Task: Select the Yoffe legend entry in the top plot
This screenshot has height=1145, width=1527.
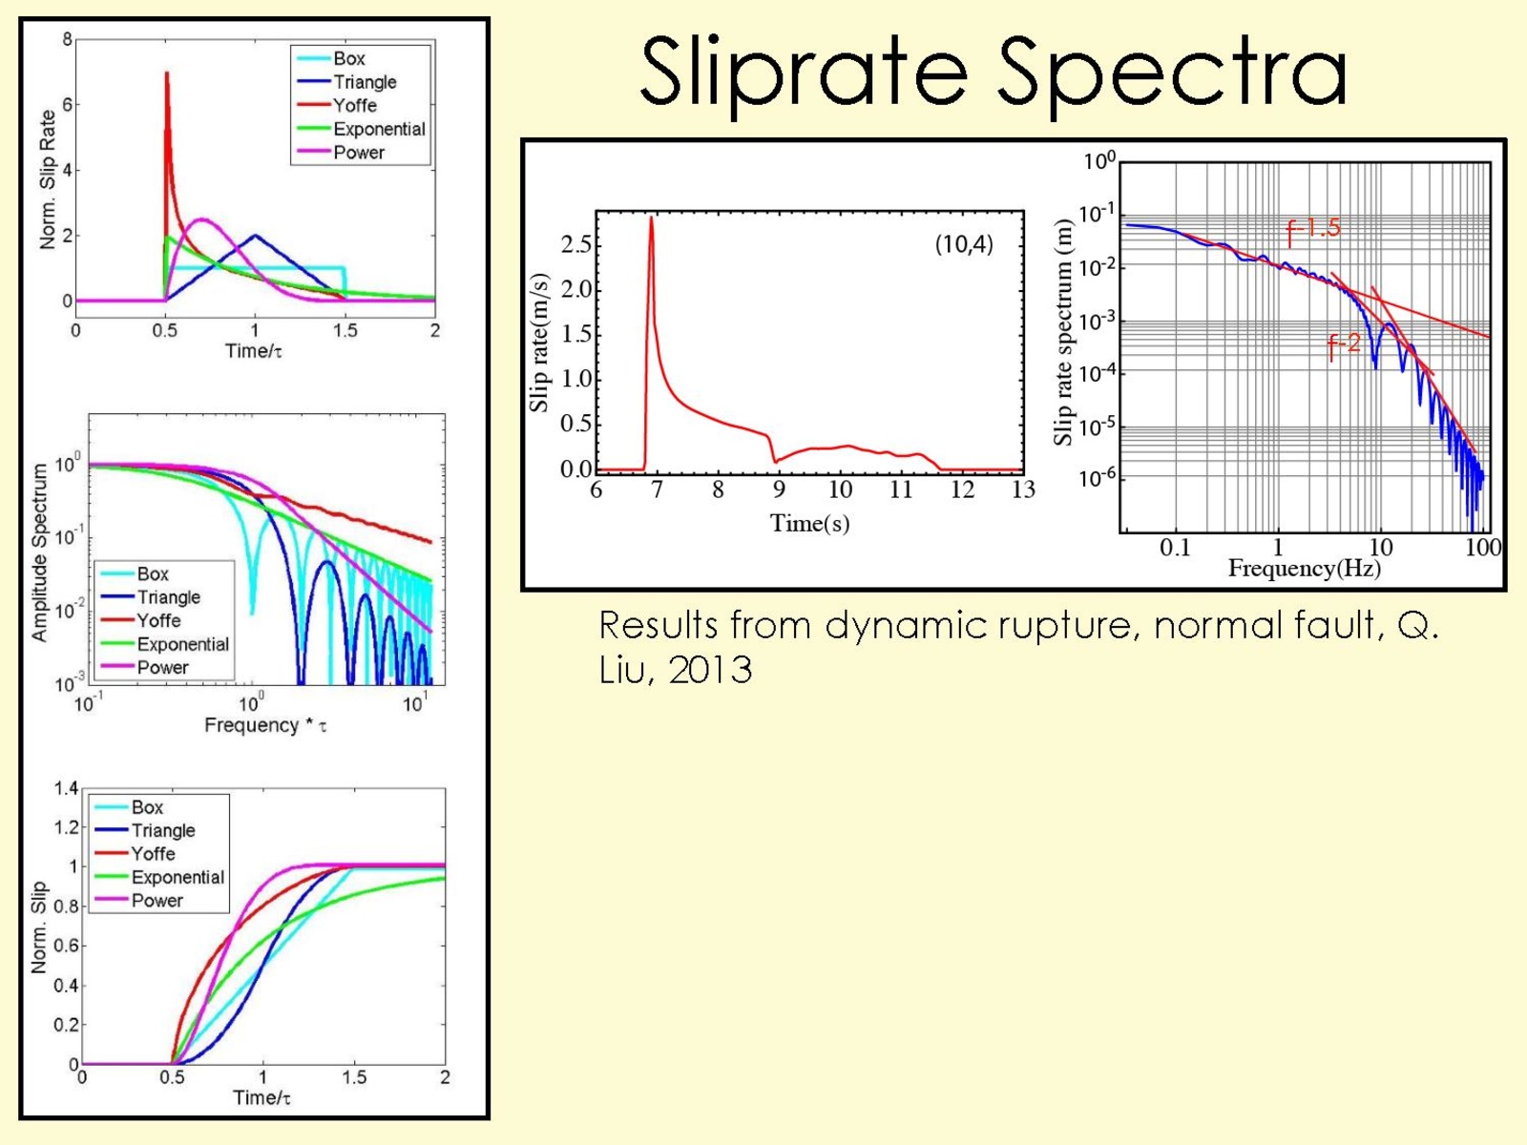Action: click(354, 105)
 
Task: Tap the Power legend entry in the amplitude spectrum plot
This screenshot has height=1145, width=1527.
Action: click(162, 667)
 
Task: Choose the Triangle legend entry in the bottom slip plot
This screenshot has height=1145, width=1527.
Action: click(162, 830)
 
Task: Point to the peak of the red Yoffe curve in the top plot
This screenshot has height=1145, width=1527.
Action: click(167, 73)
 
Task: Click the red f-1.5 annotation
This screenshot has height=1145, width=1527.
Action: click(1313, 228)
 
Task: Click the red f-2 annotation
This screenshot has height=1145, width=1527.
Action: click(1344, 344)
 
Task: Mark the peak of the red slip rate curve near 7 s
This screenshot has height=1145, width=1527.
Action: click(651, 218)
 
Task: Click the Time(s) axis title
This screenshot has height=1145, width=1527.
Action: click(809, 523)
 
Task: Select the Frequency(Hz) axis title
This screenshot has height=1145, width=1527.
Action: click(1304, 569)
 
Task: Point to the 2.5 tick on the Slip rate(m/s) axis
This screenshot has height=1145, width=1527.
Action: click(576, 244)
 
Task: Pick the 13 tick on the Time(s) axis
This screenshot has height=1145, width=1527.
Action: click(1023, 489)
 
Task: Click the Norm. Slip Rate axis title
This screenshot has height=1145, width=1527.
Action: click(47, 179)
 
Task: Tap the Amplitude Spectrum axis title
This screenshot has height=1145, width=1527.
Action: click(39, 552)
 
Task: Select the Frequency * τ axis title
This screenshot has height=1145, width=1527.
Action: click(265, 725)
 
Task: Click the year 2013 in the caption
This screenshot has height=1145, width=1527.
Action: click(710, 670)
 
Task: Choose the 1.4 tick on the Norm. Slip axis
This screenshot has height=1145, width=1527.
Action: click(66, 788)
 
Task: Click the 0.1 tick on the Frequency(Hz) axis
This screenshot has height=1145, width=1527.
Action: click(1175, 548)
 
